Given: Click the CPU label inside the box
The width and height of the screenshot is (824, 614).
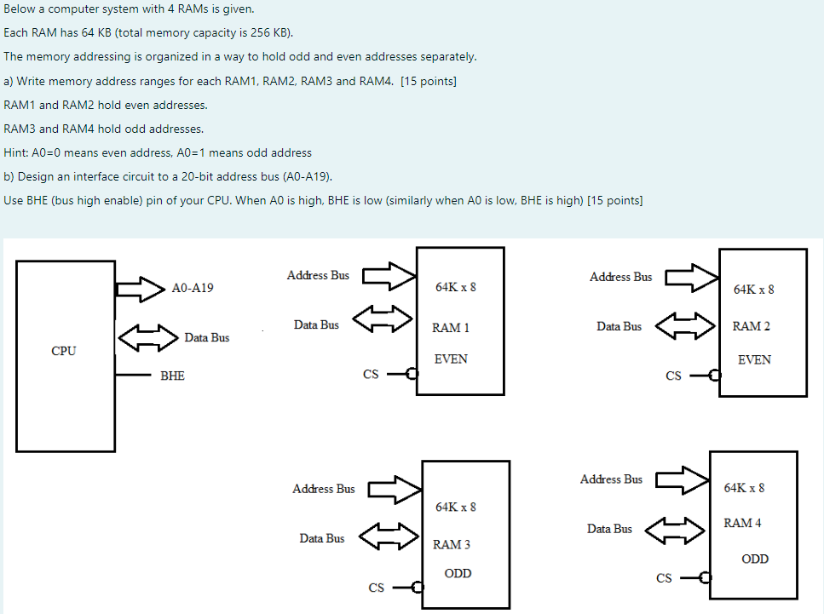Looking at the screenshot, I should click(64, 351).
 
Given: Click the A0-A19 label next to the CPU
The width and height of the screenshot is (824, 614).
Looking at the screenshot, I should click(193, 288).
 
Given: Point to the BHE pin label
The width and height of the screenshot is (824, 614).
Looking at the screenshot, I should click(172, 375).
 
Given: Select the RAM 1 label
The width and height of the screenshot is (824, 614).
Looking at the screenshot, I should click(451, 327).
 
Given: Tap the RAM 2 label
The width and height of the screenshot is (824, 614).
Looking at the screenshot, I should click(752, 326).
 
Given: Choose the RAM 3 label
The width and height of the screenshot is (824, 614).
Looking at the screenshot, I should click(452, 544).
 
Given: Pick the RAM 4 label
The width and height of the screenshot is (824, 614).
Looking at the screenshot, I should click(742, 523).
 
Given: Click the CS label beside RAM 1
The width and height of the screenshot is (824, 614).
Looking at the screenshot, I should click(371, 374).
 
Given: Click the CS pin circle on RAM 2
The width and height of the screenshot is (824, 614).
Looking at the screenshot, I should click(715, 375).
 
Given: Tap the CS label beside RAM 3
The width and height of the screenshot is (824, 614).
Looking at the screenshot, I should click(376, 587).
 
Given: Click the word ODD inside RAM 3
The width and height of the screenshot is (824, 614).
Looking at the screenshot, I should click(458, 573).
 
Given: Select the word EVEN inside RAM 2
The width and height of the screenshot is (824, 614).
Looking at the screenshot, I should click(754, 360).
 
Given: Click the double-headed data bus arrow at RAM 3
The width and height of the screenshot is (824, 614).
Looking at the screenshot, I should click(389, 537).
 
